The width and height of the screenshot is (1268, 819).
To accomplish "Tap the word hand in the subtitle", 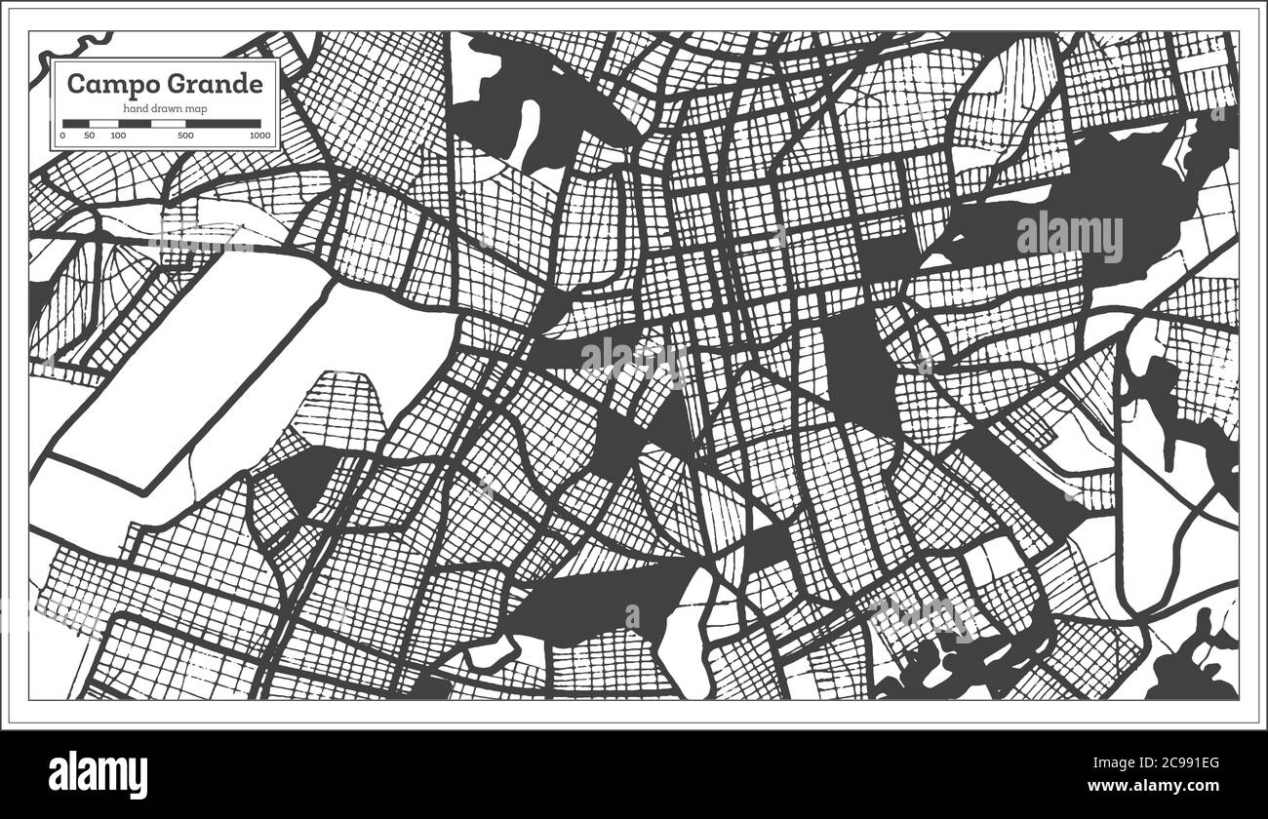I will click(134, 107).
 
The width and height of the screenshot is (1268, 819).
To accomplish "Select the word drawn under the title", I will click(164, 107).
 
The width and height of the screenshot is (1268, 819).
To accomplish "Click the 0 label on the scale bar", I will click(62, 136).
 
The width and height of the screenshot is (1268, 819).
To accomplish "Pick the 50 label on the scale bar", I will click(90, 136).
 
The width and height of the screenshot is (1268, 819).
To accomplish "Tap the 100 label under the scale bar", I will click(118, 136).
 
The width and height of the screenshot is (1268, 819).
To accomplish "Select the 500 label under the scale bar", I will click(185, 136).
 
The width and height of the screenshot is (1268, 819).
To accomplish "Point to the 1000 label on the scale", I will click(259, 136).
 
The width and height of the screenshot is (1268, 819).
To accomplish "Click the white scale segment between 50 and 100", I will click(103, 124).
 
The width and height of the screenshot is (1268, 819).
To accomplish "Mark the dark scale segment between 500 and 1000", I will click(223, 124).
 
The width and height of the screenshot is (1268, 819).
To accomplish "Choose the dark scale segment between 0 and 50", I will click(76, 124).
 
